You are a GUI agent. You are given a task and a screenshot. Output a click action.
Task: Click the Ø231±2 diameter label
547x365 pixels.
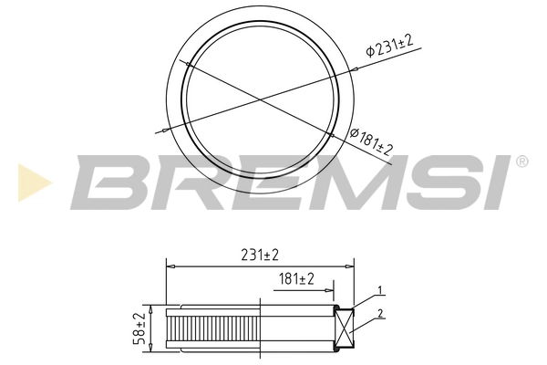(x=390, y=46)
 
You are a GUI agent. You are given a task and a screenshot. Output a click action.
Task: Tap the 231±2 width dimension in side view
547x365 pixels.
(x=259, y=255)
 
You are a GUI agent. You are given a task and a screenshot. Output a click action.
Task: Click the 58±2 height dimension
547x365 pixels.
(x=139, y=328)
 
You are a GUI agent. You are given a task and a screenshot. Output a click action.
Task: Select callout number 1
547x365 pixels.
(x=381, y=291)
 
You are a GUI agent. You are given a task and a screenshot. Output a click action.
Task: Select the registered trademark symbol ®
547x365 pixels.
(x=521, y=162)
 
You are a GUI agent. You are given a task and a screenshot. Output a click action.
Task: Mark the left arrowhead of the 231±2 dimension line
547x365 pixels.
(x=170, y=266)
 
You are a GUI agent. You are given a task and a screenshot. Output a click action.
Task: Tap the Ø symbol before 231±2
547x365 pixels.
(x=371, y=52)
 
